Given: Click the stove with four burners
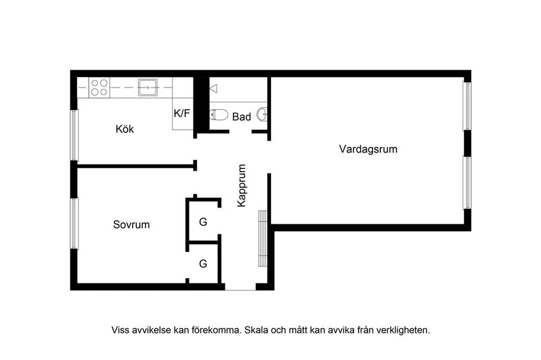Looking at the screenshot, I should (x=99, y=87).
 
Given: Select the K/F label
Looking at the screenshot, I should (x=181, y=113).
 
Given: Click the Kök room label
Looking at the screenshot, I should (x=125, y=129).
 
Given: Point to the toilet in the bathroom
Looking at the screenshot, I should (x=219, y=115).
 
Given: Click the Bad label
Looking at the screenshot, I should (x=241, y=117).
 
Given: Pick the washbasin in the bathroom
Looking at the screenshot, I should (x=262, y=114).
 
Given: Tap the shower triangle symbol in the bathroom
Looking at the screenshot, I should (x=213, y=88).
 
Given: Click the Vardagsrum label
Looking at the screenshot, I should (x=368, y=149).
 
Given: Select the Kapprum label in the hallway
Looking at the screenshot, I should (x=242, y=185).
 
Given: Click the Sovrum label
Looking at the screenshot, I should (x=131, y=224).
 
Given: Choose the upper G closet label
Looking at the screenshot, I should (x=203, y=222).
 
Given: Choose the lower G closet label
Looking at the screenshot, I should (x=203, y=263).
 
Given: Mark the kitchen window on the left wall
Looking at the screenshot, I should (x=74, y=135).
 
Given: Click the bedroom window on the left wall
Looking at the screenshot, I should (x=74, y=223).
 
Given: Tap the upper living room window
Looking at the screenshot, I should (x=467, y=106).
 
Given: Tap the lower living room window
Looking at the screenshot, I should (x=467, y=182).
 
